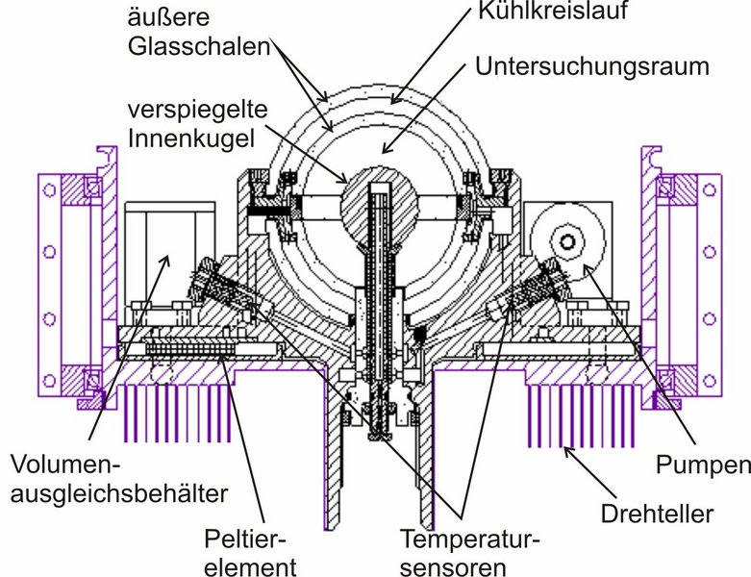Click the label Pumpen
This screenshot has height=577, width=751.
tap(703, 465)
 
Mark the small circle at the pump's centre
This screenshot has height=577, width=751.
tap(564, 239)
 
